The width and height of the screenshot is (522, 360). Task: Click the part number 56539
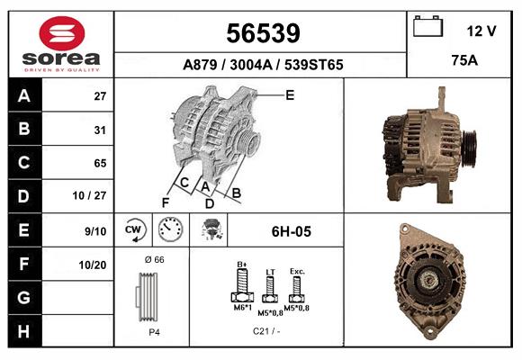(x=262, y=33)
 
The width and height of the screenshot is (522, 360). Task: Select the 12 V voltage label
(x=481, y=31)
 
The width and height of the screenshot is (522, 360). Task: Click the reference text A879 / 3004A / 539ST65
(x=262, y=65)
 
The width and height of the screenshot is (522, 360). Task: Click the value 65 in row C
(x=100, y=164)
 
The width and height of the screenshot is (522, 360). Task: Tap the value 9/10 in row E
(x=95, y=231)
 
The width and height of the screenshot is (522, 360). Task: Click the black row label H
(x=23, y=331)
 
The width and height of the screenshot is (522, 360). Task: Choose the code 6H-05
(x=291, y=231)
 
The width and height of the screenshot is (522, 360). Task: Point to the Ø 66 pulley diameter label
(x=154, y=259)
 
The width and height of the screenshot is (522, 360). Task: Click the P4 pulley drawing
(x=149, y=298)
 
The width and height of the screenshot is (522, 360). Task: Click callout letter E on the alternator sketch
(x=290, y=94)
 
